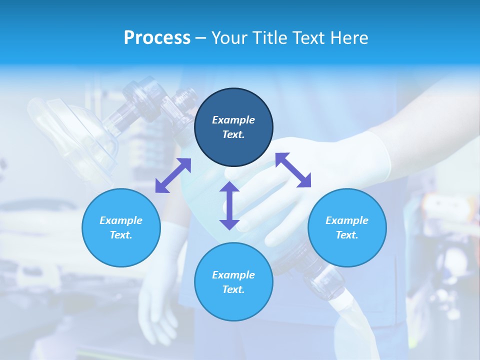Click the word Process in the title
[157, 38]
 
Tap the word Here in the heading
[348, 38]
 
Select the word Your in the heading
[229, 38]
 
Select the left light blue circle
[121, 227]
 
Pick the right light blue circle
[347, 227]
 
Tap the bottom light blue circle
[233, 281]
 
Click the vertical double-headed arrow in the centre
[229, 205]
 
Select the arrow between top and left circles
[173, 175]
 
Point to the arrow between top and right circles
[293, 170]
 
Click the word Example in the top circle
[233, 120]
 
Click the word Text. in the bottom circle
[233, 289]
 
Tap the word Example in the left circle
[121, 220]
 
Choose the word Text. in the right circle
[347, 235]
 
